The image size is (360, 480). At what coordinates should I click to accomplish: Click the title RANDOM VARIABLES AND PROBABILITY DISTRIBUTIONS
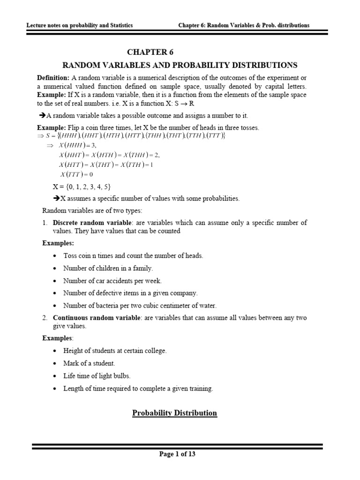[x=180, y=65]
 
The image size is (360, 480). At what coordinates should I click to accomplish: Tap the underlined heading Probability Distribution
[x=174, y=413]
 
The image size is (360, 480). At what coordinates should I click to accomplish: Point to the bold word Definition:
[x=53, y=77]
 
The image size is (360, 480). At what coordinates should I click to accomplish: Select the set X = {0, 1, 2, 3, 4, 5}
[x=82, y=187]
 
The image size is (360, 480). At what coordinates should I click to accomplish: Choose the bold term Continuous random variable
[x=94, y=318]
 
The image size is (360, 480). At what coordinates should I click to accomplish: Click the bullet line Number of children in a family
[x=108, y=268]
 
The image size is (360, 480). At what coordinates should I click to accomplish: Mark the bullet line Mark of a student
[x=89, y=363]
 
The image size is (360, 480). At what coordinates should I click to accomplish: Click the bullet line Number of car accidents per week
[x=112, y=280]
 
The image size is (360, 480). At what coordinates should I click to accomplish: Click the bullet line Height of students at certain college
[x=115, y=350]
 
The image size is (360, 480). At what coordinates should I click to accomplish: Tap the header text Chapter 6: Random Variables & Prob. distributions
[x=244, y=25]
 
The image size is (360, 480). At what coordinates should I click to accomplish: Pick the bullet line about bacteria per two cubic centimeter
[x=140, y=306]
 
